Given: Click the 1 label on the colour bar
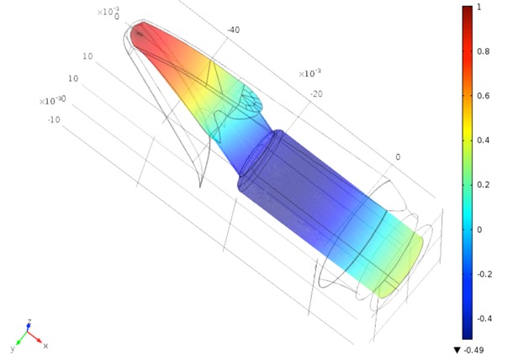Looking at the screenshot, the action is pos(479,7).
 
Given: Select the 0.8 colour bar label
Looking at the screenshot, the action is pos(484,51).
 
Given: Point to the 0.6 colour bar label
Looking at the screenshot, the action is pos(484,96).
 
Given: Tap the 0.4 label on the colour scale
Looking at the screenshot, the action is pos(484,140).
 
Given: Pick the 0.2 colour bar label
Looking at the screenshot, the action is pos(484,184).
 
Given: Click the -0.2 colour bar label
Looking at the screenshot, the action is pos(484,274).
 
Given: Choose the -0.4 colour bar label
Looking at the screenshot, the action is pos(484,318).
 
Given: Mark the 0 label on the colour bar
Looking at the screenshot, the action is pos(479,230).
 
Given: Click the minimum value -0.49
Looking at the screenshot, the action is pos(473,350).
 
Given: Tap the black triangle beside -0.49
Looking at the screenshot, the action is pos(457,350).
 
